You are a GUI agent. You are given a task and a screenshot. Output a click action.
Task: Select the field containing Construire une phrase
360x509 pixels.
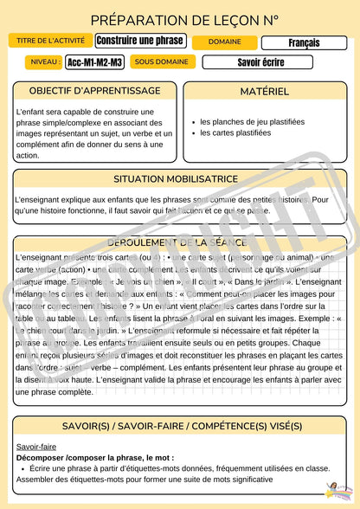(x=140, y=42)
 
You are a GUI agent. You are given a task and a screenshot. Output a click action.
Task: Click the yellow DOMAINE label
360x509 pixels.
(x=224, y=42)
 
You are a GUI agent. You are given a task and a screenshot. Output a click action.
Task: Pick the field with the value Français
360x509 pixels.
(x=304, y=42)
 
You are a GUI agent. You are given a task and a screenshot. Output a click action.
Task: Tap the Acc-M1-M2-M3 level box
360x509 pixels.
(x=95, y=62)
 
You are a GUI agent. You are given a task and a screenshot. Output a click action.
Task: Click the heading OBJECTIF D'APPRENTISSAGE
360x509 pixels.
(x=94, y=91)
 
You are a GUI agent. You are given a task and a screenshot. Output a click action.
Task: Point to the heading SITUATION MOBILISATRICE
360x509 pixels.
(x=180, y=179)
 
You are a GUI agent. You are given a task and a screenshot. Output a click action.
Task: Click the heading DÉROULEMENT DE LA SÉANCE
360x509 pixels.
(x=180, y=244)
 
